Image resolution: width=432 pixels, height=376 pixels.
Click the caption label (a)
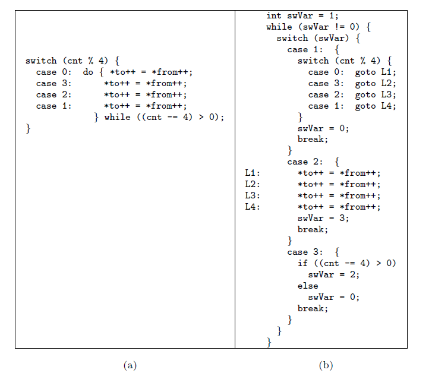tap(130, 365)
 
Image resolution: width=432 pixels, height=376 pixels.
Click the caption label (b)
tap(326, 365)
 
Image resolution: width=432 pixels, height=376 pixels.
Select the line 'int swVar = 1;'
tap(302, 16)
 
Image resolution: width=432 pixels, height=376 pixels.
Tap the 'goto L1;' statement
tap(376, 72)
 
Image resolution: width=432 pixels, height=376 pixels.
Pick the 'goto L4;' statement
tap(376, 106)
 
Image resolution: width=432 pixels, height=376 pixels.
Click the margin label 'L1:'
tap(253, 173)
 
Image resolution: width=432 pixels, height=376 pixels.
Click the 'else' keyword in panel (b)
tap(308, 286)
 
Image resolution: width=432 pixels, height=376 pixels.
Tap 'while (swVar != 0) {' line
tap(319, 27)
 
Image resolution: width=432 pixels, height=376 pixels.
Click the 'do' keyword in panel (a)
tap(88, 72)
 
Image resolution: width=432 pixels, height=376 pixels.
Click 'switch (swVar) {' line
tap(319, 39)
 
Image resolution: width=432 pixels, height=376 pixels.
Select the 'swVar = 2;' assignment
tap(334, 275)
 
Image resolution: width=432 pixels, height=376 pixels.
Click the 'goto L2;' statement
tap(376, 84)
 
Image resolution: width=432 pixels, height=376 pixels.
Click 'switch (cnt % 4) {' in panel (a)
tap(72, 61)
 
